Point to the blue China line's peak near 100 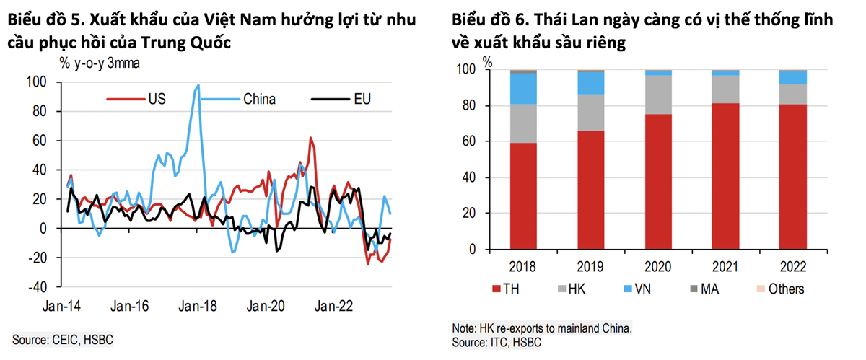pos(198,85)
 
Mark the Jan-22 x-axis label pos(334,306)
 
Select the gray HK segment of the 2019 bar pos(592,112)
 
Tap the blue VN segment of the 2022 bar pos(792,77)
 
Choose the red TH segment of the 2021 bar pos(725,176)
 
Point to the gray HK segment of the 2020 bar pos(658,95)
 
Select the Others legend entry pos(782,289)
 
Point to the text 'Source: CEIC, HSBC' pos(64,339)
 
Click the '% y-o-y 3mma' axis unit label pos(101,63)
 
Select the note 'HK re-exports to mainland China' pos(542,328)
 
